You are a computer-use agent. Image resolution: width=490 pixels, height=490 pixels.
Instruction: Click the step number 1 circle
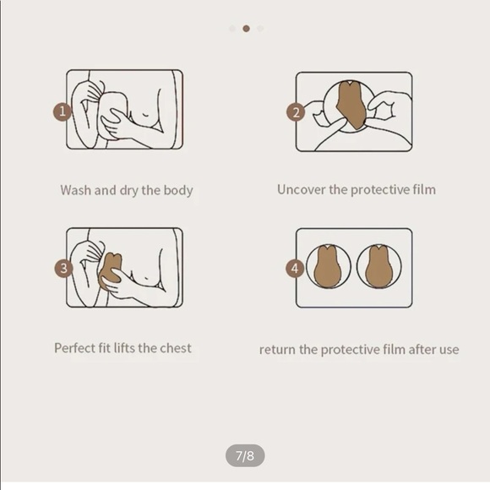click(63, 112)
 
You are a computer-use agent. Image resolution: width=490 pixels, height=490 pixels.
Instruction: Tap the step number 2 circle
click(296, 112)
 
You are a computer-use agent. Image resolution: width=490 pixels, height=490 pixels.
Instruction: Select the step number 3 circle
click(63, 268)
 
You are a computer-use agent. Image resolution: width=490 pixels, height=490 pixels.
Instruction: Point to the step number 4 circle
click(295, 268)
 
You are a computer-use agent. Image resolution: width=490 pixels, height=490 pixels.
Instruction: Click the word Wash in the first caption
click(76, 190)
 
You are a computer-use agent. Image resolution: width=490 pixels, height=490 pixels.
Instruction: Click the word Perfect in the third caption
click(74, 348)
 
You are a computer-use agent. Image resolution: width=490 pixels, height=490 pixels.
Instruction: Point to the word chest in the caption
click(176, 348)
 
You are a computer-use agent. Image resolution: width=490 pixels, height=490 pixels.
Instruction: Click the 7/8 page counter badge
click(245, 455)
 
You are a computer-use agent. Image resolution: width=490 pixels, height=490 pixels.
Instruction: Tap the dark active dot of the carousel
click(246, 29)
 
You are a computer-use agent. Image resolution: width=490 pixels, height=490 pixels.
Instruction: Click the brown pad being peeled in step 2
click(351, 105)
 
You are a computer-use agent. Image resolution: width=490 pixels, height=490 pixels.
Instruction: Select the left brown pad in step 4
click(328, 267)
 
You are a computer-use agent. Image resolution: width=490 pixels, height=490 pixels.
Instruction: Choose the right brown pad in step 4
click(378, 267)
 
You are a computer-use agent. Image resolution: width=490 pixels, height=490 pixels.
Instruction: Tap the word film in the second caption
click(424, 190)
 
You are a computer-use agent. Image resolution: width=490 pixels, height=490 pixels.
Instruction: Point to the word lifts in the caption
click(124, 348)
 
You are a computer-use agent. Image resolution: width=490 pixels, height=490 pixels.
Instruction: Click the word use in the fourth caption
click(449, 350)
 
